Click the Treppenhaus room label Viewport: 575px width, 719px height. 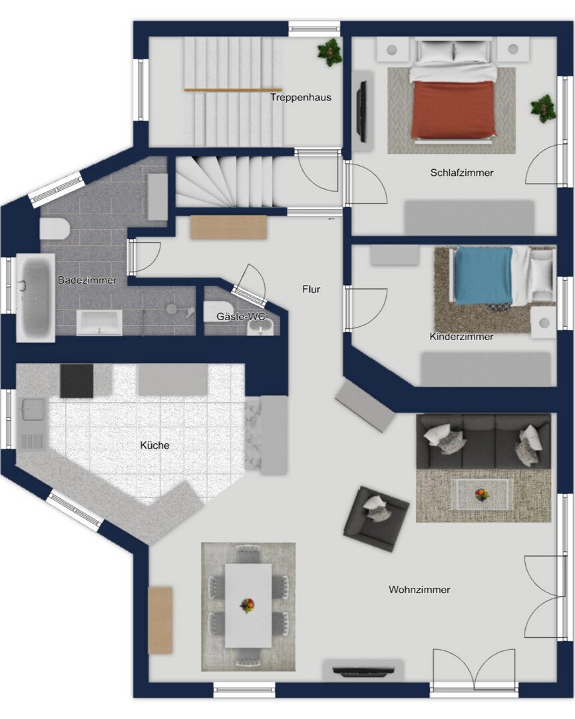point(300,97)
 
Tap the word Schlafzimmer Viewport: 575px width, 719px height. point(462,173)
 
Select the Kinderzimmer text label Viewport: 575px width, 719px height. point(461,337)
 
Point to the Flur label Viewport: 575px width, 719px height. point(311,290)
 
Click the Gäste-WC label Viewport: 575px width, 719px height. point(241,316)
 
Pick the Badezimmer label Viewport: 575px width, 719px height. point(87,280)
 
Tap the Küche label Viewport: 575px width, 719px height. point(154,445)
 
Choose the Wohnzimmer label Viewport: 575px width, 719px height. point(419,590)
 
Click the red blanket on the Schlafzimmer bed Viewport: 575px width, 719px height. point(453,110)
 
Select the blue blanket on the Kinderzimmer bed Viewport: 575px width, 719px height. point(483,276)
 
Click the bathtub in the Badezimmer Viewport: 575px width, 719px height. point(36,298)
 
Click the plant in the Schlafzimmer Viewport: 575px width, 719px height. point(543,109)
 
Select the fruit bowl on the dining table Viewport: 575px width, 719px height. point(248,605)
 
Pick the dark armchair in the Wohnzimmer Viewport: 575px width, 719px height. point(376,519)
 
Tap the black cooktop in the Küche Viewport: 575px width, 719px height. point(77,381)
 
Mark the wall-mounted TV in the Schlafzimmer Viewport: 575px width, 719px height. point(362,111)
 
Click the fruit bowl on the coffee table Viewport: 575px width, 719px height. point(481,494)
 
